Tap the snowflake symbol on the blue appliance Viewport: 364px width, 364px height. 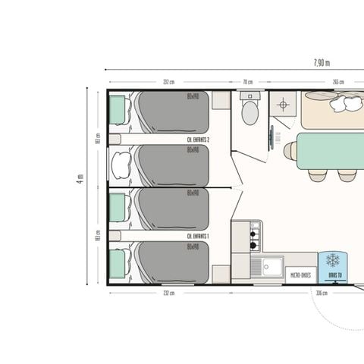click(x=332, y=260)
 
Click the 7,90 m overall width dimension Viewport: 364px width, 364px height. click(x=321, y=62)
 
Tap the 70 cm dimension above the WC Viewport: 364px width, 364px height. click(x=248, y=82)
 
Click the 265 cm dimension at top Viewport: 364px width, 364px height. click(x=337, y=82)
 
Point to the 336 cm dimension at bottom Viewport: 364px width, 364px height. click(x=321, y=293)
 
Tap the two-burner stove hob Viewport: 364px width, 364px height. click(x=255, y=236)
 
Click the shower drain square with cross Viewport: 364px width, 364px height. click(x=283, y=105)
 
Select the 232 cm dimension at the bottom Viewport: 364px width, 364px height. click(x=168, y=293)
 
